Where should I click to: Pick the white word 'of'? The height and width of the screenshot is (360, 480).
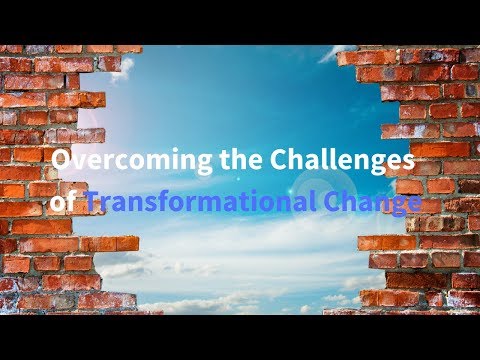pyautogui.click(x=64, y=203)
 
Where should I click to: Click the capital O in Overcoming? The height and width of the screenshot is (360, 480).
pyautogui.click(x=60, y=161)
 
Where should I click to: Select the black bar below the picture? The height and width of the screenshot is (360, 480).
pyautogui.click(x=240, y=337)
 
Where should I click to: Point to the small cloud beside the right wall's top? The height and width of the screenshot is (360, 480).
pyautogui.click(x=330, y=54)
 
